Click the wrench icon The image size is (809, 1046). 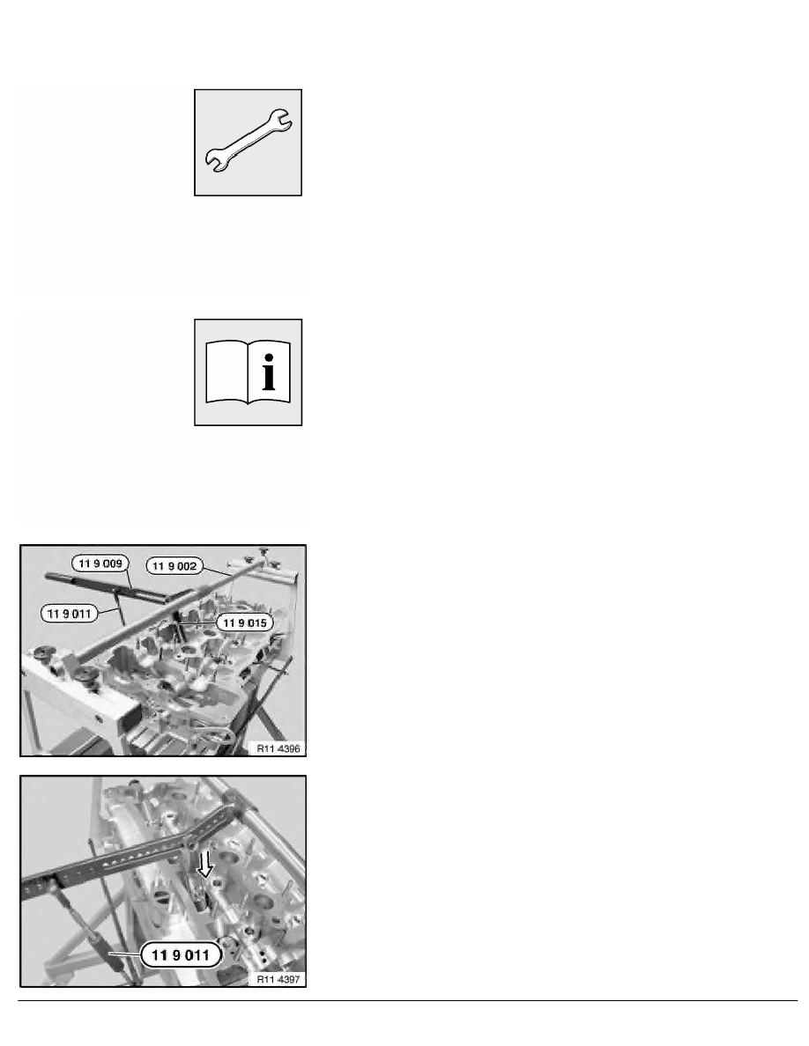pyautogui.click(x=249, y=142)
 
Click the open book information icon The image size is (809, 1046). pyautogui.click(x=249, y=372)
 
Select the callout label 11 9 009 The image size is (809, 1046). pyautogui.click(x=98, y=563)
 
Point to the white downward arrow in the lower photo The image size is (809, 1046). pyautogui.click(x=205, y=866)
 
